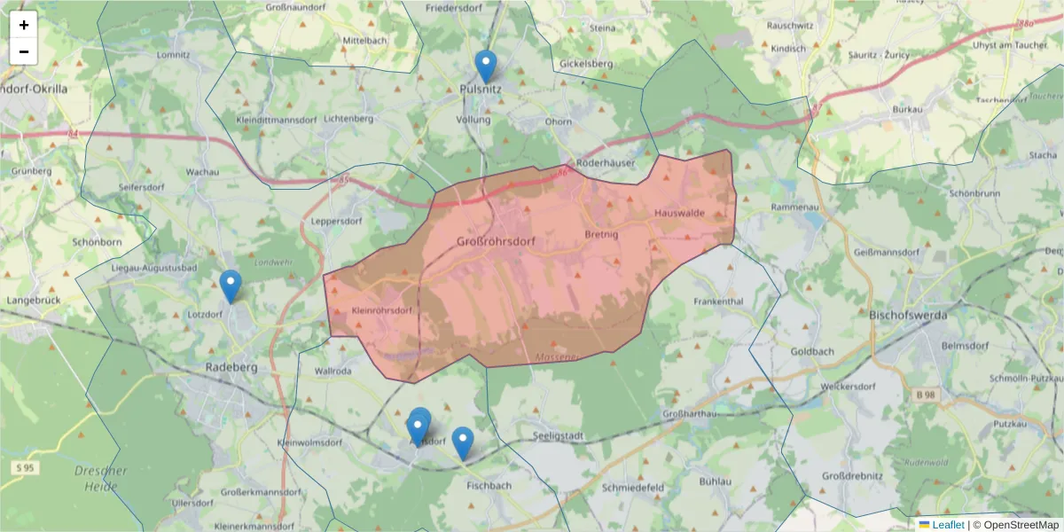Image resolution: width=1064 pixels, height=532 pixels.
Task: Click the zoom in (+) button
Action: [x=24, y=25]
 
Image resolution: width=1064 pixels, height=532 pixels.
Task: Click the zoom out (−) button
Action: [x=24, y=51]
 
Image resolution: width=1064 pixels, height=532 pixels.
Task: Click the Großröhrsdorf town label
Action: [x=497, y=241]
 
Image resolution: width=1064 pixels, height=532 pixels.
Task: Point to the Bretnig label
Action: [x=601, y=235]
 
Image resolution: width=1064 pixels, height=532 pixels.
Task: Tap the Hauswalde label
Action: [x=679, y=214]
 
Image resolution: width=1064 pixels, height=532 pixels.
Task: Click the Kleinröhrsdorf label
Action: [x=383, y=311]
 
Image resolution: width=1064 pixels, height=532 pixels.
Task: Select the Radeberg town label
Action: [x=231, y=367]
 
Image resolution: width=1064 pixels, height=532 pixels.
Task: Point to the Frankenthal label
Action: [x=718, y=301]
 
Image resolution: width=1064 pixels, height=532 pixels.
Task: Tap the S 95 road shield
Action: [x=24, y=466]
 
